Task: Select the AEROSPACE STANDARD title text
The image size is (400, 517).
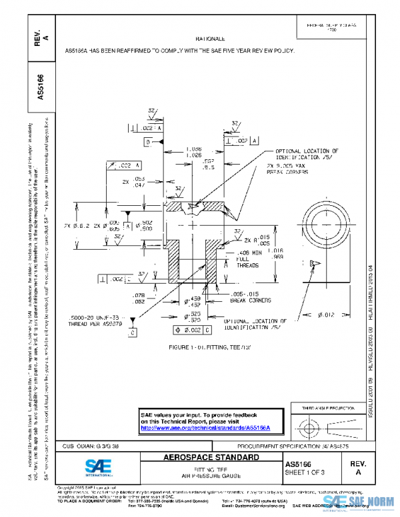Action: pos(211,458)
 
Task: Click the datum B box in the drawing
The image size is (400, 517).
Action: pos(146,143)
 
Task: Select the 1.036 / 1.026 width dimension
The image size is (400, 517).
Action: pos(194,152)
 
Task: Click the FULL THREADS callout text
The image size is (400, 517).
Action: pos(249,260)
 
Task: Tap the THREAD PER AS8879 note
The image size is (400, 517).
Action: pos(93,320)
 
